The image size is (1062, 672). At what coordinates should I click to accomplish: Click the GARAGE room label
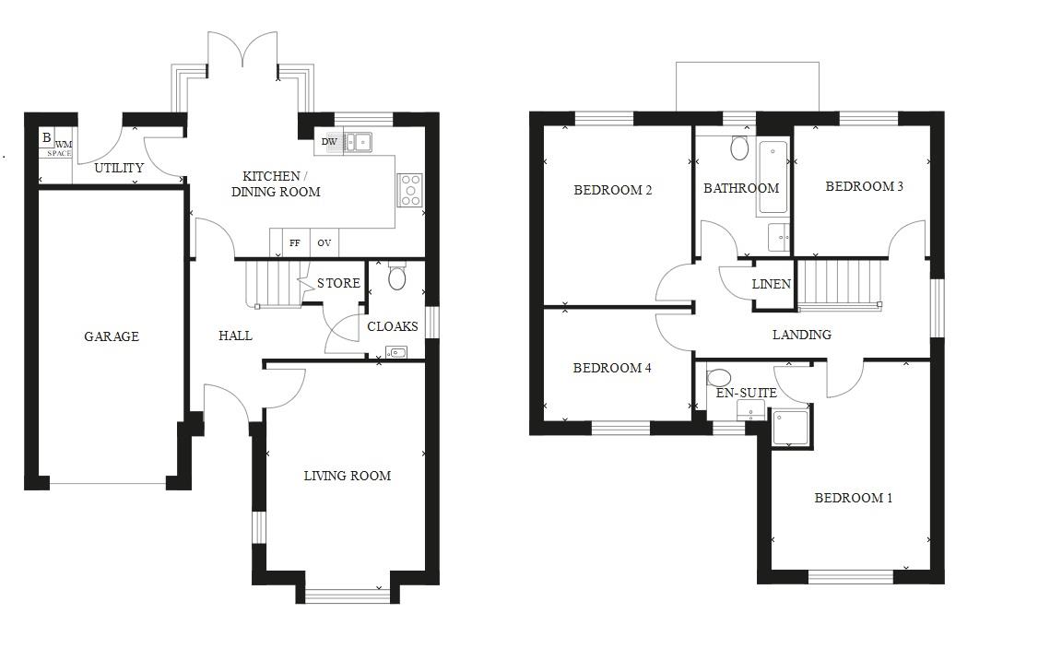[112, 336]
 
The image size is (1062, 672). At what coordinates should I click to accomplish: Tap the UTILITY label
[119, 168]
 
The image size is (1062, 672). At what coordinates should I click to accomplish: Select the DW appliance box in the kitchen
[329, 142]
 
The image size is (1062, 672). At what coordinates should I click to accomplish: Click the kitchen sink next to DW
[358, 142]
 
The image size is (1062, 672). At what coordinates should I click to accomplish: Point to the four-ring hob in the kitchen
[410, 190]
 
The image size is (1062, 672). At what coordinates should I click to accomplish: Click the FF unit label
[295, 243]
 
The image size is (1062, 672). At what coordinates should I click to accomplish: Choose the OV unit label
[324, 243]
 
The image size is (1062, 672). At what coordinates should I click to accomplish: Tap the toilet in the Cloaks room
[397, 276]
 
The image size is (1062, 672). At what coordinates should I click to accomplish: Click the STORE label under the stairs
[338, 283]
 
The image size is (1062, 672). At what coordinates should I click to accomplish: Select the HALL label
[235, 336]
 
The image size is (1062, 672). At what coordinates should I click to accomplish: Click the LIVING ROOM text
[348, 476]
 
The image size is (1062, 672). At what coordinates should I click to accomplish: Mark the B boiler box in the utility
[46, 138]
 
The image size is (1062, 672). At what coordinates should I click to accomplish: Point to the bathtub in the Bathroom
[773, 177]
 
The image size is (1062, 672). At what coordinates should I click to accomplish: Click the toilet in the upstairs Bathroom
[739, 147]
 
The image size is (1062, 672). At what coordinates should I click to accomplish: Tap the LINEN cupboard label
[771, 284]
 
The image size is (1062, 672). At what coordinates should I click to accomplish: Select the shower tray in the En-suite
[790, 427]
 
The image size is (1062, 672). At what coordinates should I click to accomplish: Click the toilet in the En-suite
[719, 377]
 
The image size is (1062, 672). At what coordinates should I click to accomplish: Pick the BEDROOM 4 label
[612, 368]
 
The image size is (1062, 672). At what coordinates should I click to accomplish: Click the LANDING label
[801, 335]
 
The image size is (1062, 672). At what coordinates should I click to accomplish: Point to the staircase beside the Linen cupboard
[838, 281]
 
